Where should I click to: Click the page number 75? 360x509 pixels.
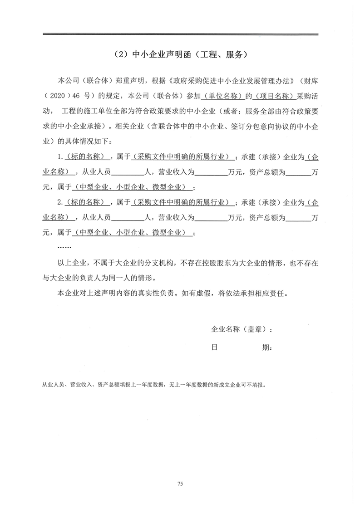click(x=180, y=485)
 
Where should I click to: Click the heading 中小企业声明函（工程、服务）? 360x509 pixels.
click(x=180, y=55)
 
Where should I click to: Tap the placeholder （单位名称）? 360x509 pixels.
click(x=224, y=97)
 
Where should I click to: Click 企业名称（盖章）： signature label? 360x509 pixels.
click(x=242, y=329)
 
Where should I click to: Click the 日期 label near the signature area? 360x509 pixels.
click(x=242, y=348)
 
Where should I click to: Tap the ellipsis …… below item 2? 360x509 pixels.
click(x=65, y=248)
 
